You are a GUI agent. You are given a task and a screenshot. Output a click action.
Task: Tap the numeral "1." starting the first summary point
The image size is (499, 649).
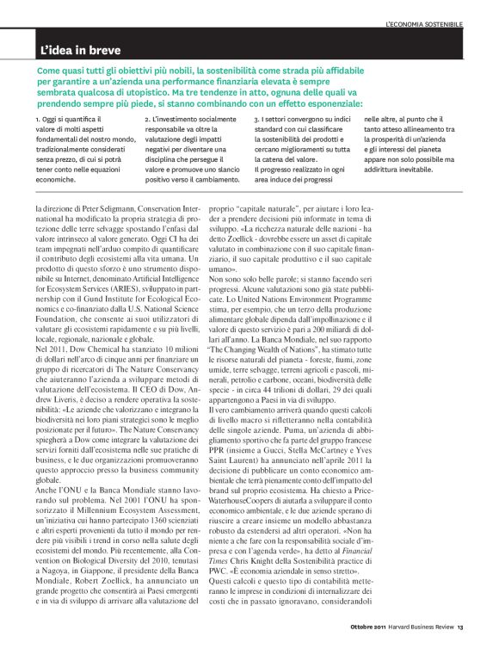pos(38,118)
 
